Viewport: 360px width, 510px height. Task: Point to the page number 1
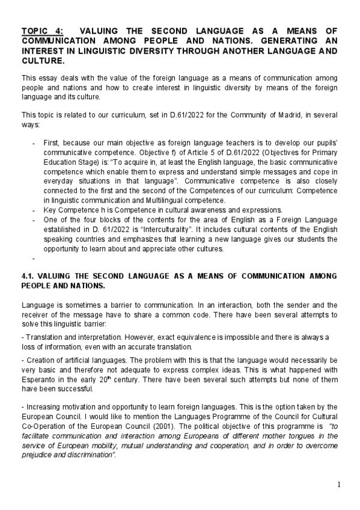[339, 485]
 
